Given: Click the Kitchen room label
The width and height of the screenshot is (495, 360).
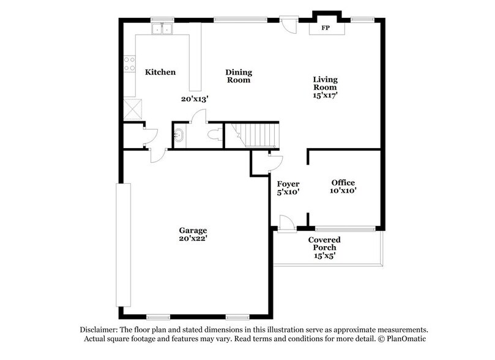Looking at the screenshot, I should [160, 72].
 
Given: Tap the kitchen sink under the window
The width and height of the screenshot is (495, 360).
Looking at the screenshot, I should [163, 29].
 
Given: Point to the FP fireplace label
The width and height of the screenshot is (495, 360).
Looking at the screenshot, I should [325, 28].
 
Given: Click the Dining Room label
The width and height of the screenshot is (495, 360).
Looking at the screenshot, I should [239, 76].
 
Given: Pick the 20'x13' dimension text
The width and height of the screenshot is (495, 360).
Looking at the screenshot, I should [195, 99].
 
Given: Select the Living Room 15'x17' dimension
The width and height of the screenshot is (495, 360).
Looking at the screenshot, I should [326, 96].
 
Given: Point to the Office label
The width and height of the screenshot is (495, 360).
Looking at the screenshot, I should [343, 182].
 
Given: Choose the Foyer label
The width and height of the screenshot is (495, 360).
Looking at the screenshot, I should [288, 184].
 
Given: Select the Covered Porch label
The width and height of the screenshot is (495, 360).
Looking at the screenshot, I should [324, 243].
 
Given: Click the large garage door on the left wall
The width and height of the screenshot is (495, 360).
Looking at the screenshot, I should [124, 244].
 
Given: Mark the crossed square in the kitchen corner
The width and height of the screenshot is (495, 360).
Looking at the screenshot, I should [132, 109].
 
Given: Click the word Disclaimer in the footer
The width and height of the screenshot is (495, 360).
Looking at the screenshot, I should [94, 329].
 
